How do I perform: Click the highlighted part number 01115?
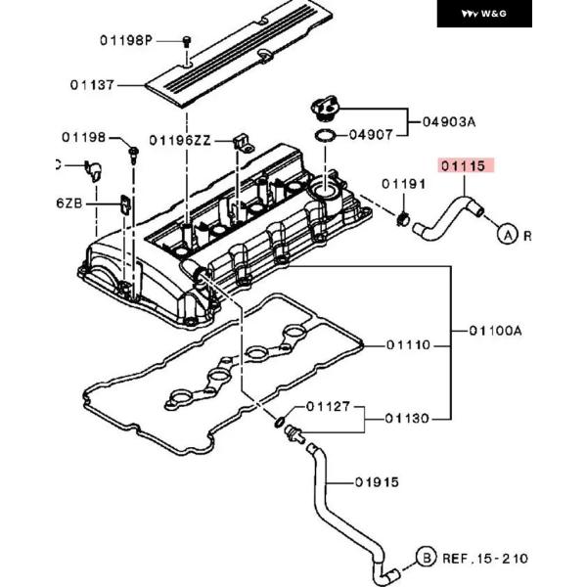(462, 166)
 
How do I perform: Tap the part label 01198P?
(127, 41)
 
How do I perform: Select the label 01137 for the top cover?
(94, 85)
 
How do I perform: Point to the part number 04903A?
(449, 122)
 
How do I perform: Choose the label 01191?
(404, 183)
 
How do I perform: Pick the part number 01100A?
(496, 331)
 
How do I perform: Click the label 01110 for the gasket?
(407, 344)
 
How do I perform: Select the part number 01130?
(407, 418)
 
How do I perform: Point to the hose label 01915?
(377, 481)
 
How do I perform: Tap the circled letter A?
(507, 234)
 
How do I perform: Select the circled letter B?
(426, 558)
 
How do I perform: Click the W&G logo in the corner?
(484, 14)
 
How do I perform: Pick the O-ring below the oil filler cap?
(324, 135)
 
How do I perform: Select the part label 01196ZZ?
(180, 140)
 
